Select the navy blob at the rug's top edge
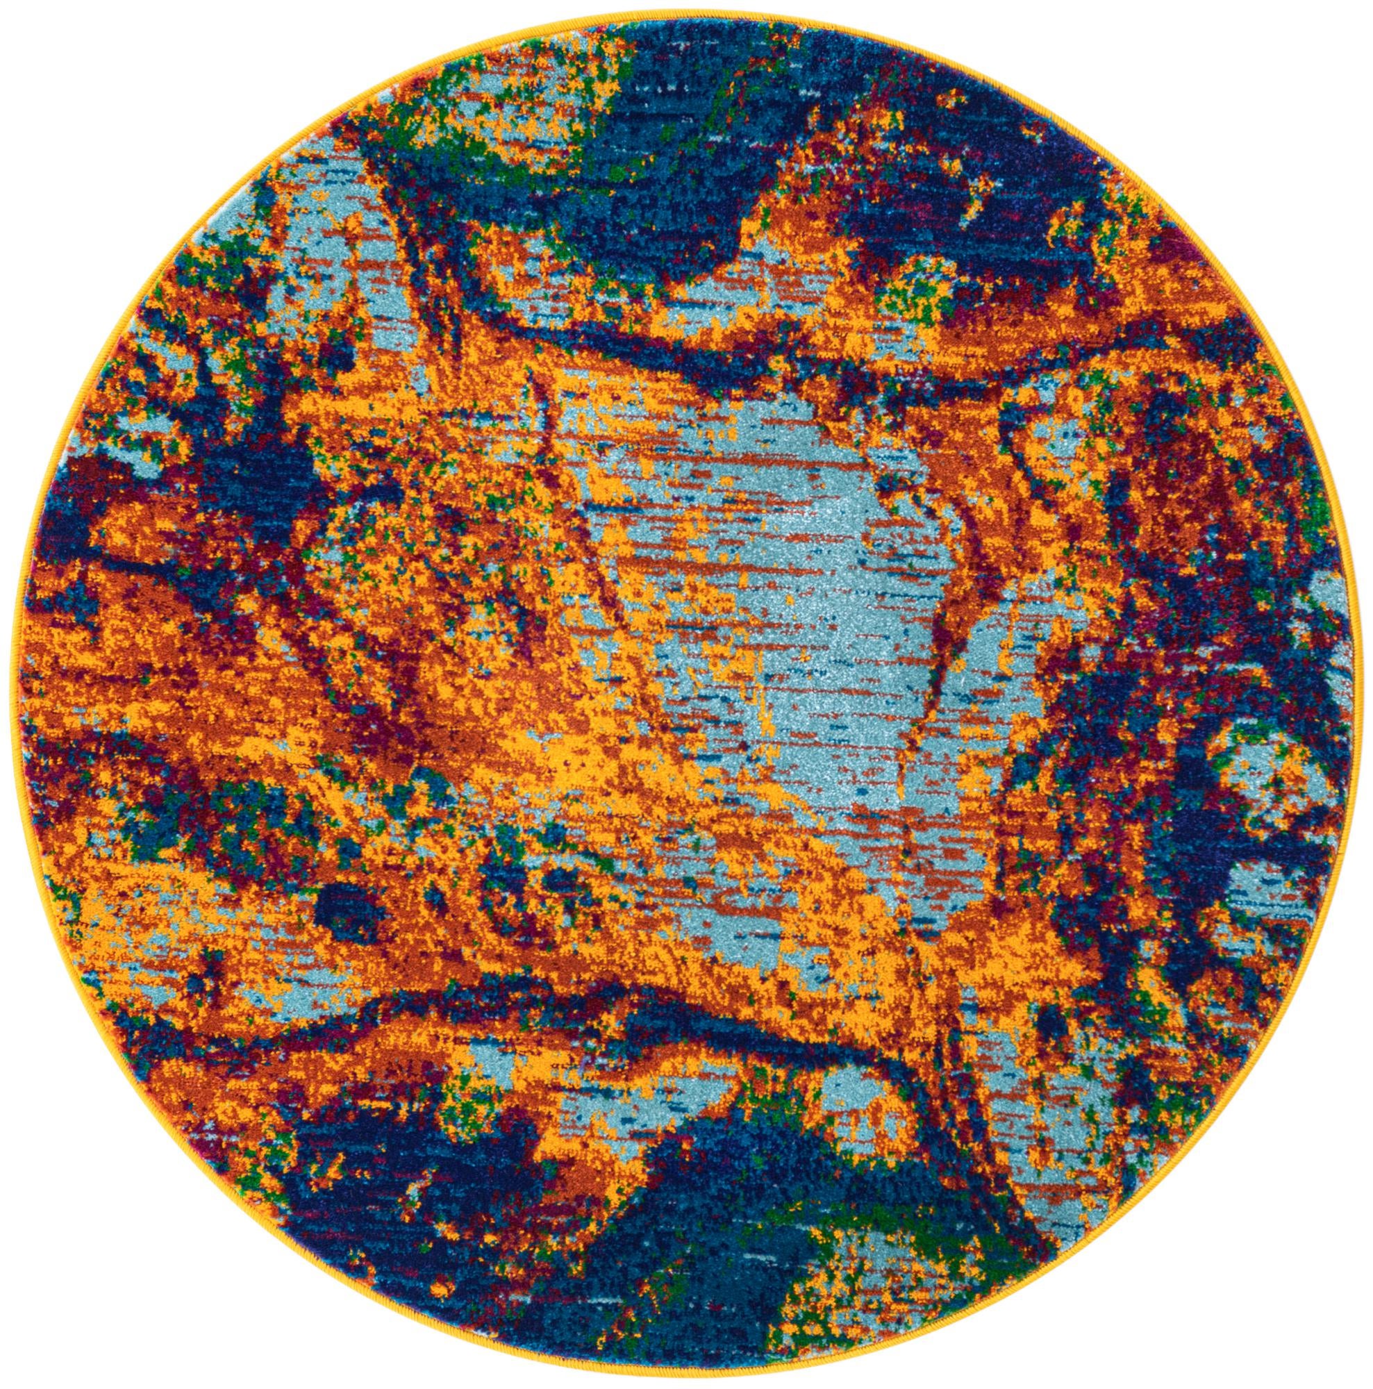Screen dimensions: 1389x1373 [690, 108]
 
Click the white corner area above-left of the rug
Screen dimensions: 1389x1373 [86, 86]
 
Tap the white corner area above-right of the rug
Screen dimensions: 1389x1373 [1287, 86]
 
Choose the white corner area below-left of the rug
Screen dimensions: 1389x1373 [86, 1301]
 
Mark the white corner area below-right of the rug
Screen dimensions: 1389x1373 [1287, 1301]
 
